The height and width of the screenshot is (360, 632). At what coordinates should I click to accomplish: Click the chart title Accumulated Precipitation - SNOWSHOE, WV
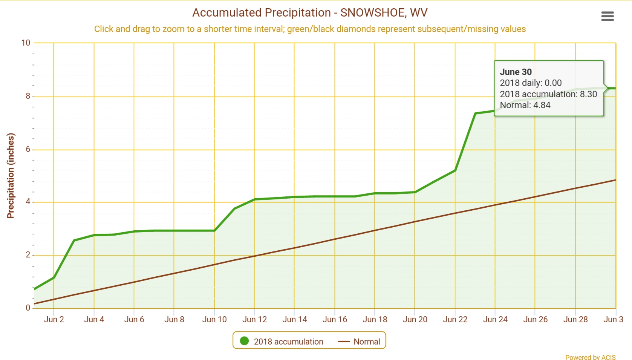click(310, 13)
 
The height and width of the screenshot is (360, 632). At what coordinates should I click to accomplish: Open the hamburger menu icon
click(607, 16)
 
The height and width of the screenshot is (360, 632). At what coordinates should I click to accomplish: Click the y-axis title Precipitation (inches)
click(11, 176)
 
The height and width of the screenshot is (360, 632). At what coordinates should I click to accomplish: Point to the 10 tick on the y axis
click(26, 43)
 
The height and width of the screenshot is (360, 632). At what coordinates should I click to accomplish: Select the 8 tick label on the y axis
click(28, 96)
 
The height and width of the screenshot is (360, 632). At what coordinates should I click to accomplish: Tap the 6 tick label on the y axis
click(28, 149)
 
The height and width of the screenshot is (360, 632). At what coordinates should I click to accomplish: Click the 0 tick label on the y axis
click(28, 308)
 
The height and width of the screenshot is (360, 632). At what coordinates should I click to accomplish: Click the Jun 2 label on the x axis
click(54, 320)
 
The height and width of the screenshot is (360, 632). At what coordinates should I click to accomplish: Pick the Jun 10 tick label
click(214, 320)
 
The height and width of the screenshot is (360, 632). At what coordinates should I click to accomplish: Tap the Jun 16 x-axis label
click(335, 320)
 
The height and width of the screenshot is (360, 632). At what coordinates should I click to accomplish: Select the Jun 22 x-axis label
click(455, 320)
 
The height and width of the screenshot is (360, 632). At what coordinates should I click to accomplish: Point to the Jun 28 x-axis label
click(575, 320)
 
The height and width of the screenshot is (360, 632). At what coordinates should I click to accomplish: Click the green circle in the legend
click(244, 341)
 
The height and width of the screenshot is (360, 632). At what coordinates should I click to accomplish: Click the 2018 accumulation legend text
click(288, 342)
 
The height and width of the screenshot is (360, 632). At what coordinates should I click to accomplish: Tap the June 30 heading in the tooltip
click(516, 72)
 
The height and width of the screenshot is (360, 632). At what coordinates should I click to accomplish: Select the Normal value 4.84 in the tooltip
click(542, 105)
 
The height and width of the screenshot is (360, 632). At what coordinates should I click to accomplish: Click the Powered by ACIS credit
click(590, 357)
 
